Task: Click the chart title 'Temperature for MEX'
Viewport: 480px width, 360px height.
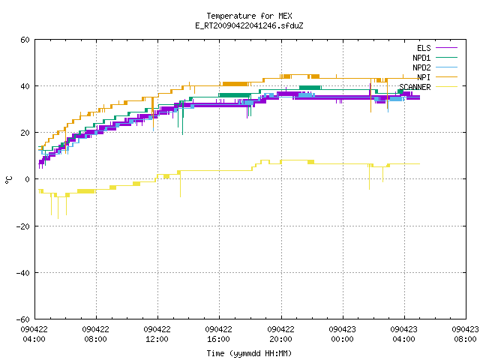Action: [x=249, y=16]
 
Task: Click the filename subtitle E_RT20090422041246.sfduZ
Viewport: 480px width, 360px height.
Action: [x=249, y=25]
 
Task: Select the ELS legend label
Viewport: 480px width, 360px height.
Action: [x=424, y=48]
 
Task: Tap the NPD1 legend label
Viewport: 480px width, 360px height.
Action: [x=421, y=58]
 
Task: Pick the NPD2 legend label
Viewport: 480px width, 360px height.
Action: [x=421, y=67]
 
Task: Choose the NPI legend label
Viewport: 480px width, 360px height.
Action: [x=424, y=77]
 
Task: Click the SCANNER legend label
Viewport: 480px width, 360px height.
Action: [x=415, y=87]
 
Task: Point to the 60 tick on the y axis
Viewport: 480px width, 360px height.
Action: [x=25, y=40]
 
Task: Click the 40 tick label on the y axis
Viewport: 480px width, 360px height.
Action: [x=25, y=86]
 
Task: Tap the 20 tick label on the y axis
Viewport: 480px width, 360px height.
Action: [x=25, y=133]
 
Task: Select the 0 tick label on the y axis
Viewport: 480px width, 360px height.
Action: [x=28, y=179]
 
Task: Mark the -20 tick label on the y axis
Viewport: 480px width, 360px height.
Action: [x=23, y=226]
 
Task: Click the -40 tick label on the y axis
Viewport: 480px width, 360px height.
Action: [x=23, y=273]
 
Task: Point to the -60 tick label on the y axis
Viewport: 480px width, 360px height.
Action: [x=23, y=319]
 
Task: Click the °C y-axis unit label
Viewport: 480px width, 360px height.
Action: [x=9, y=180]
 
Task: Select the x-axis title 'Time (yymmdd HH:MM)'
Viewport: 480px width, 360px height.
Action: [x=249, y=353]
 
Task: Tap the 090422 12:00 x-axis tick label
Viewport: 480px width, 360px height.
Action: [x=157, y=334]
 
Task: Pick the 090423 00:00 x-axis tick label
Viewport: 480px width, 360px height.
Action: [x=342, y=334]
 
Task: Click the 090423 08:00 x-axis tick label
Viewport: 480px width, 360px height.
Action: [x=465, y=334]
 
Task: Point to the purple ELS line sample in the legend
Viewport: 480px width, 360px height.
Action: [x=447, y=48]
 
